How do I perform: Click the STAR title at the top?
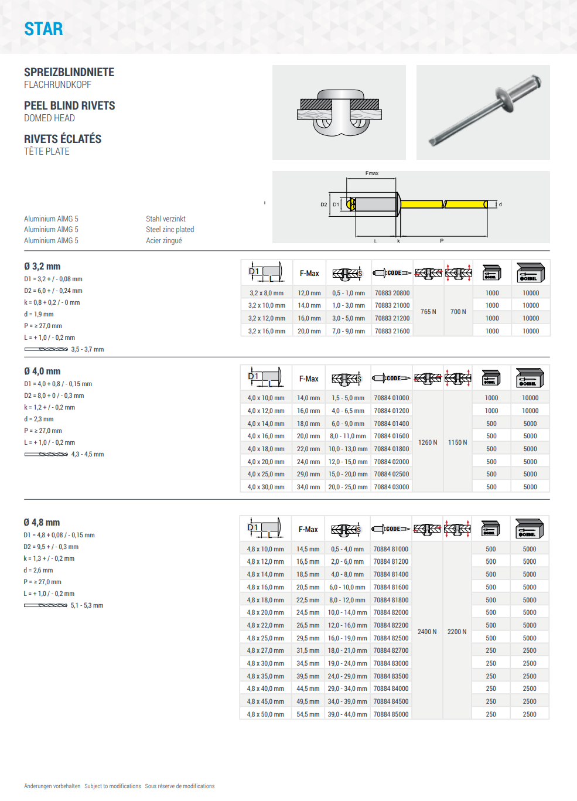pyautogui.click(x=43, y=29)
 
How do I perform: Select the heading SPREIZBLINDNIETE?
pyautogui.click(x=69, y=72)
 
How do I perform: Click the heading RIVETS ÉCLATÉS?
pyautogui.click(x=63, y=139)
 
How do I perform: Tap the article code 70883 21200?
pyautogui.click(x=392, y=318)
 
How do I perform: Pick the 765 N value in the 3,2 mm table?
pyautogui.click(x=428, y=312)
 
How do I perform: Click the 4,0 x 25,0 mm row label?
pyautogui.click(x=266, y=474)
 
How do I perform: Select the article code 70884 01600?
pyautogui.click(x=391, y=436)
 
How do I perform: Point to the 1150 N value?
pyautogui.click(x=457, y=442)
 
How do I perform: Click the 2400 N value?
pyautogui.click(x=427, y=632)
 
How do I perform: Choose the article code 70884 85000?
pyautogui.click(x=391, y=714)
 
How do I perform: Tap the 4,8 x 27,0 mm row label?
pyautogui.click(x=265, y=650)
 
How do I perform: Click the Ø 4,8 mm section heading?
pyautogui.click(x=42, y=522)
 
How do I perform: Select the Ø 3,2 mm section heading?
pyautogui.click(x=42, y=266)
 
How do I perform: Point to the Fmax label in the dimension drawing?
pyautogui.click(x=372, y=173)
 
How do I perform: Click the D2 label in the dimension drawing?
pyautogui.click(x=323, y=204)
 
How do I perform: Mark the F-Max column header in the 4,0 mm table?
pyautogui.click(x=309, y=379)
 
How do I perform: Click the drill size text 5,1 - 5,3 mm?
pyautogui.click(x=87, y=605)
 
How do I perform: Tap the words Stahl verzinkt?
pyautogui.click(x=166, y=219)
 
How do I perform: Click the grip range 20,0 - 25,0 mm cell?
pyautogui.click(x=348, y=487)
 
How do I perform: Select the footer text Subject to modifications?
pyautogui.click(x=112, y=786)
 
